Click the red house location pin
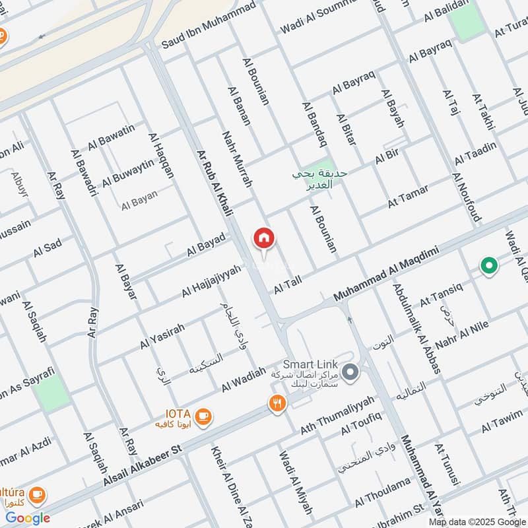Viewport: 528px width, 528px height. (264, 239)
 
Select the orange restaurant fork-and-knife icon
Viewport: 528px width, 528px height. (278, 403)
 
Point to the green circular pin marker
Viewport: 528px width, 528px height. (488, 266)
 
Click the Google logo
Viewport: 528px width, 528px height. (28, 518)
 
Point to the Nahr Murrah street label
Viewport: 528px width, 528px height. (238, 158)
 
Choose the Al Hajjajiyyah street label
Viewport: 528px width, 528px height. (212, 280)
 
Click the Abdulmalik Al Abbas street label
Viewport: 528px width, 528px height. (416, 329)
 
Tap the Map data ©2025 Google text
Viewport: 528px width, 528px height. (475, 521)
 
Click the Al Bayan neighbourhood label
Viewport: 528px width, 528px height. (139, 203)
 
